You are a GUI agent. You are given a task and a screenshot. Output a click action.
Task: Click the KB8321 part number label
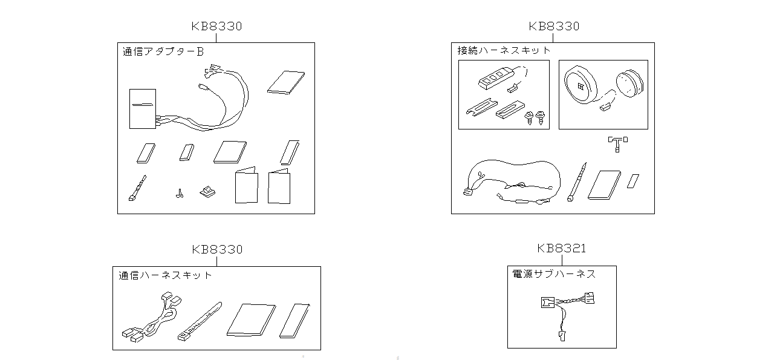pyautogui.click(x=562, y=248)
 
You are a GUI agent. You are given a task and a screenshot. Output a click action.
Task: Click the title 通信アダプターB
pyautogui.click(x=163, y=51)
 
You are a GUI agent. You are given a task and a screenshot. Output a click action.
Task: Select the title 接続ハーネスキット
pyautogui.click(x=504, y=50)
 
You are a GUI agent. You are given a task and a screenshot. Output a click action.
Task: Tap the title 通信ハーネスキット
pyautogui.click(x=165, y=275)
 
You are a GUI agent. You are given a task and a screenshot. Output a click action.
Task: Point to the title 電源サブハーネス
pyautogui.click(x=554, y=274)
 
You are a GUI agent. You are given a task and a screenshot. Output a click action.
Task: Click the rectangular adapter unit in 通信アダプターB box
pyautogui.click(x=143, y=109)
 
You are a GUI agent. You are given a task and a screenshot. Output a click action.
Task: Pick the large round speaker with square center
pyautogui.click(x=580, y=85)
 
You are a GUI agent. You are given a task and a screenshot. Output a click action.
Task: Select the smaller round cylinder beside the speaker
pyautogui.click(x=629, y=84)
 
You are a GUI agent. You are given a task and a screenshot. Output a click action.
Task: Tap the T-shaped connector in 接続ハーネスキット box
pyautogui.click(x=617, y=143)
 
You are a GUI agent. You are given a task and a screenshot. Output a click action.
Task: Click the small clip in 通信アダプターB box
pyautogui.click(x=207, y=192)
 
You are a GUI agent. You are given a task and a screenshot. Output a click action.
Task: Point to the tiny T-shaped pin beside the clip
pyautogui.click(x=180, y=194)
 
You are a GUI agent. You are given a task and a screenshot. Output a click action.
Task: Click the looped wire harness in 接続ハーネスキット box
pyautogui.click(x=512, y=182)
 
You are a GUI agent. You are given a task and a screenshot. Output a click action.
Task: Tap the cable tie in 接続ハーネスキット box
pyautogui.click(x=577, y=182)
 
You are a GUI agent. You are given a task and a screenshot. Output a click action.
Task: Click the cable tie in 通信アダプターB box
pyautogui.click(x=137, y=189)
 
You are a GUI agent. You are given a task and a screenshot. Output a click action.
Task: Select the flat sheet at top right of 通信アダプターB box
pyautogui.click(x=286, y=82)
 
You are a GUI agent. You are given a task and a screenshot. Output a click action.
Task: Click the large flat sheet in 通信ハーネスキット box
pyautogui.click(x=251, y=320)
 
